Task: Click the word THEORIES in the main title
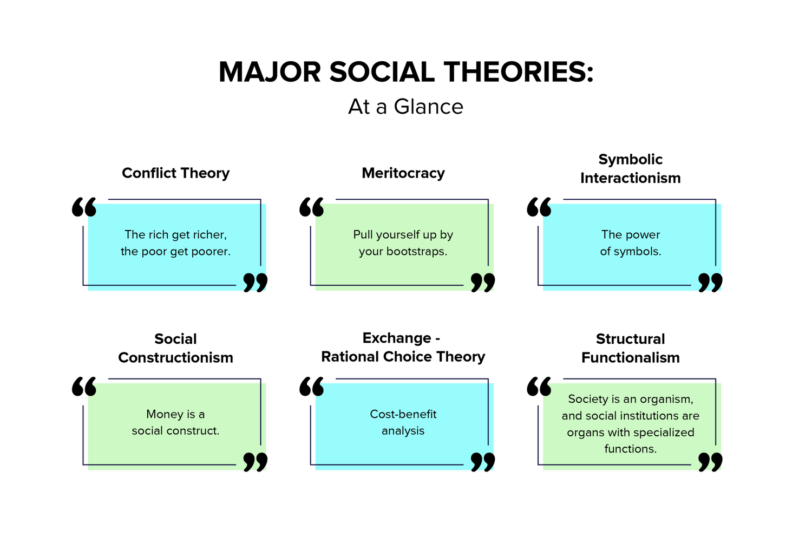coord(519,72)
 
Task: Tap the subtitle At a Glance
coord(405,107)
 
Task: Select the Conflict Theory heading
coord(175,173)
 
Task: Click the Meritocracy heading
coord(403,173)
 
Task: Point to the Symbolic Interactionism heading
coord(631,168)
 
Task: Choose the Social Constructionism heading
coord(175,348)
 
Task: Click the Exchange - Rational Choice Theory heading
coord(403,347)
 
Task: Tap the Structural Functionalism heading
coord(631,348)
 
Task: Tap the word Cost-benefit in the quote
coord(403,414)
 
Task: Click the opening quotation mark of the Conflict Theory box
coord(84,207)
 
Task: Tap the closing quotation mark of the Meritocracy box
coord(483,283)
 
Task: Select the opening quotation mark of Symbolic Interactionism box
coord(539,207)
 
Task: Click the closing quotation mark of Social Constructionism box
coord(256,462)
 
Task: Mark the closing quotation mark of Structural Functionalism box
coord(710,462)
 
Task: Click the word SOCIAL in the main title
coord(382,72)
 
